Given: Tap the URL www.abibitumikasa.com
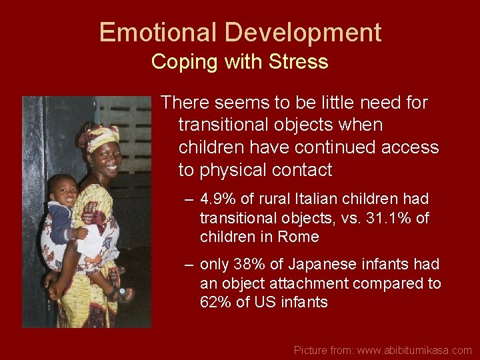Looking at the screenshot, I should (414, 350).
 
